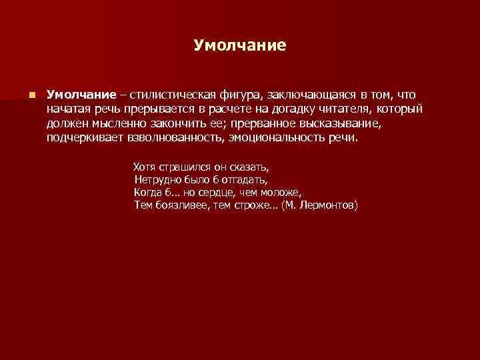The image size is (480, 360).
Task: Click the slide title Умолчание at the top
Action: (x=239, y=45)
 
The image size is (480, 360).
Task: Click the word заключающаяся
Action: (x=313, y=95)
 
